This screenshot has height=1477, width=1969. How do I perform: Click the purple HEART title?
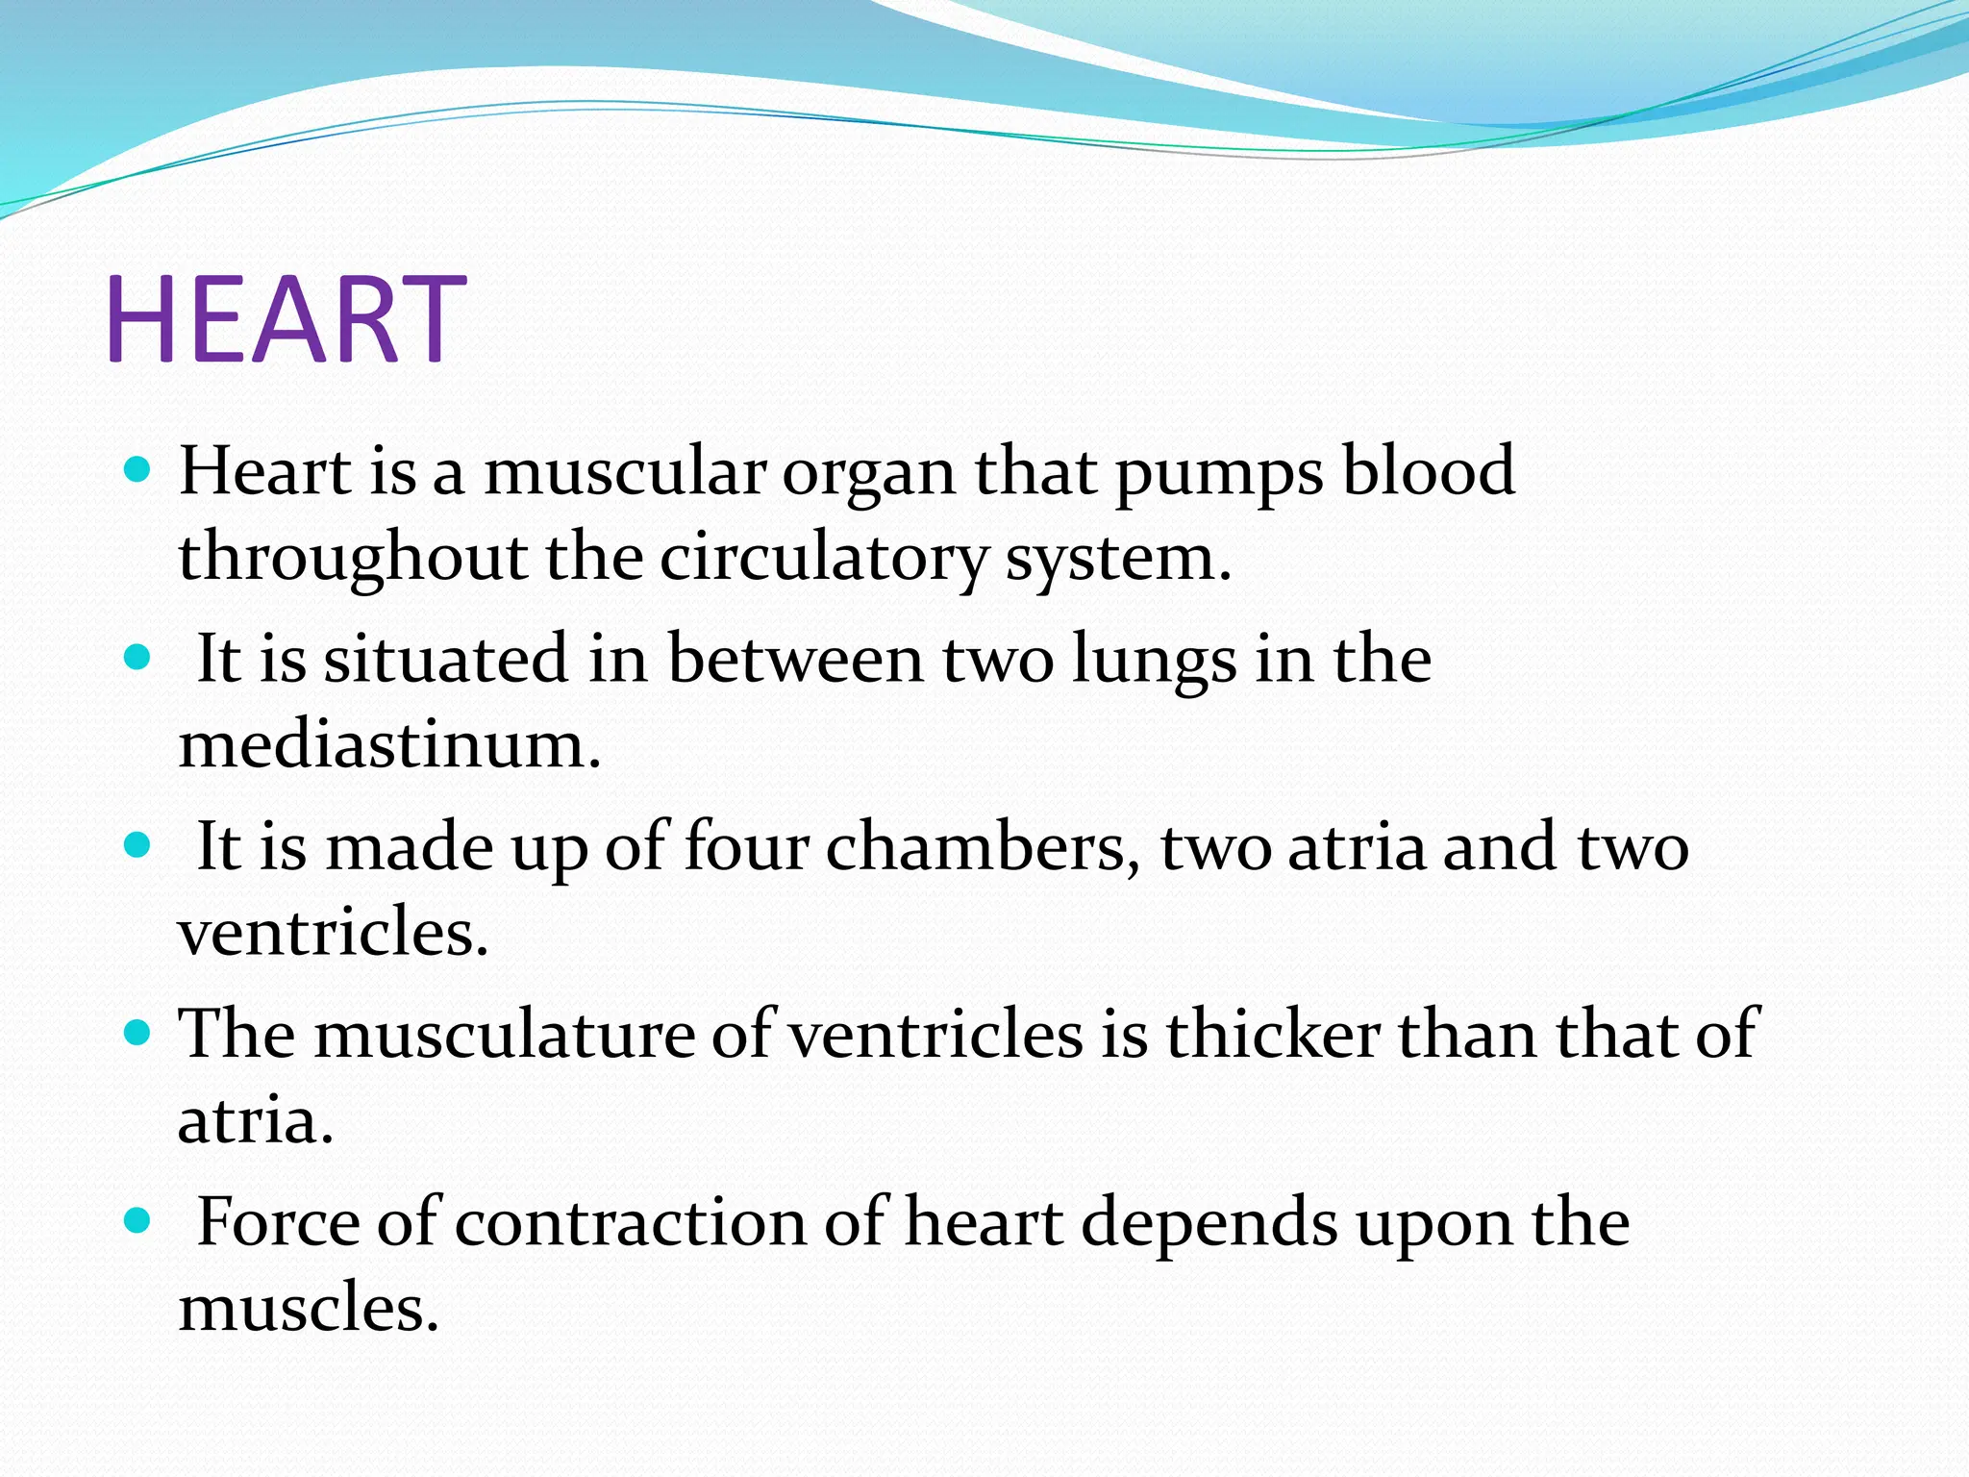click(286, 319)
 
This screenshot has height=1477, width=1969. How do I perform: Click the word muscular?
click(625, 472)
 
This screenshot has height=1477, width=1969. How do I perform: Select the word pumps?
click(1219, 472)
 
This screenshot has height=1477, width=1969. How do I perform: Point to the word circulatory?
click(824, 559)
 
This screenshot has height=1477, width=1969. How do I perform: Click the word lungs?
click(1155, 661)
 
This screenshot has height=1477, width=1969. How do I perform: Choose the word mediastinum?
click(388, 745)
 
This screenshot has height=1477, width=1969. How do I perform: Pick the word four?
click(746, 847)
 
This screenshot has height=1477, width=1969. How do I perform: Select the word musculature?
click(505, 1035)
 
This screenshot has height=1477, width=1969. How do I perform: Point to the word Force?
click(277, 1222)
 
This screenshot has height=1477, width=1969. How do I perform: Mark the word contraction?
click(631, 1222)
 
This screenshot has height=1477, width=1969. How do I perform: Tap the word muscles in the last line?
click(308, 1309)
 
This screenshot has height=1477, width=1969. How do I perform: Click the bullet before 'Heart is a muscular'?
click(138, 470)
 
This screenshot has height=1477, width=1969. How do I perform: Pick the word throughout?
click(352, 559)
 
